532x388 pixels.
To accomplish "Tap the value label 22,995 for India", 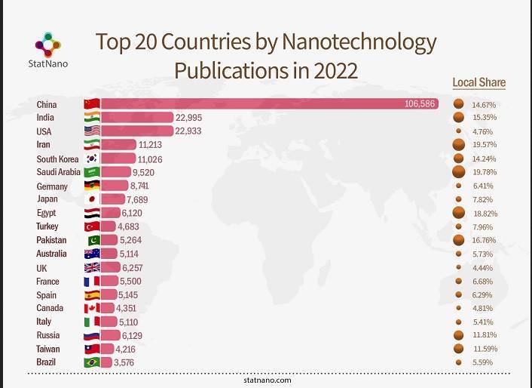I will click(190, 117).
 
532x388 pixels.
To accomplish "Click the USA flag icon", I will click(92, 131).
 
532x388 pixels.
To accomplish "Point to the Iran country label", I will click(44, 144).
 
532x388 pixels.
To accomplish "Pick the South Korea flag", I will click(92, 159).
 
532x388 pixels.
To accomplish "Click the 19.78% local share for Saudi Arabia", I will click(483, 172).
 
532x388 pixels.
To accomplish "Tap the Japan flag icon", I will click(92, 199).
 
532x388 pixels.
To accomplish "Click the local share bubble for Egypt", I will click(457, 213).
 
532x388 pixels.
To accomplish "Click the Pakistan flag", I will click(92, 240).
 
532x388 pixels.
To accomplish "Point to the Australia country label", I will click(51, 254).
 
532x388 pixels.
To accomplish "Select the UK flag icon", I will click(92, 268).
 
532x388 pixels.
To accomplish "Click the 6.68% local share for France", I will click(483, 282).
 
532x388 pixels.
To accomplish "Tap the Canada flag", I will click(92, 309).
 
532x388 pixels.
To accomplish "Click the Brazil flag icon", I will click(92, 363).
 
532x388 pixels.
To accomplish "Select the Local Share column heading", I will click(478, 82).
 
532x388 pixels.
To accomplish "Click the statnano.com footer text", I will click(268, 380).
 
